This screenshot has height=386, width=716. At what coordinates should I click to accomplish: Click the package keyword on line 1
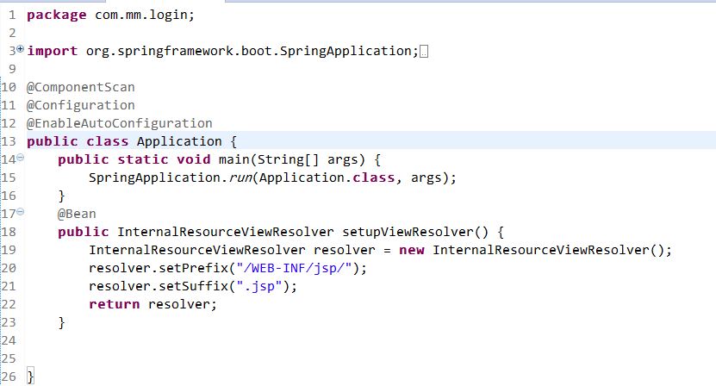tap(53, 15)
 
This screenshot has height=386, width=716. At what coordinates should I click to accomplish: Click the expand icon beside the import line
tap(21, 50)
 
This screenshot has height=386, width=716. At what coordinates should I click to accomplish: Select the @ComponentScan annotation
tap(80, 87)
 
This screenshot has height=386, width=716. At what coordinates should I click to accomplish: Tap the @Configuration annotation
tap(80, 105)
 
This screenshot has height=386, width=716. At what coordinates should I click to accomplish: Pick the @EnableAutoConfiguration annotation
tap(119, 123)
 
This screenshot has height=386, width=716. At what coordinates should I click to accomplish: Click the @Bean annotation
tap(77, 214)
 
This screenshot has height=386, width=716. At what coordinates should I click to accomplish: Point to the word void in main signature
tap(191, 159)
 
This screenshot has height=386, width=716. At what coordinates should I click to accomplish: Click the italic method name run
tap(240, 177)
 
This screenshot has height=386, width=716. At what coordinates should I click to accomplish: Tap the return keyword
tap(115, 304)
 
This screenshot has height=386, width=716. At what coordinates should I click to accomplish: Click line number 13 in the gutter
tap(9, 141)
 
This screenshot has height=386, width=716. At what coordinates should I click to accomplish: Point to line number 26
tap(9, 377)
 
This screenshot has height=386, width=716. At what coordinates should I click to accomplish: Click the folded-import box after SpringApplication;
tap(422, 51)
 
